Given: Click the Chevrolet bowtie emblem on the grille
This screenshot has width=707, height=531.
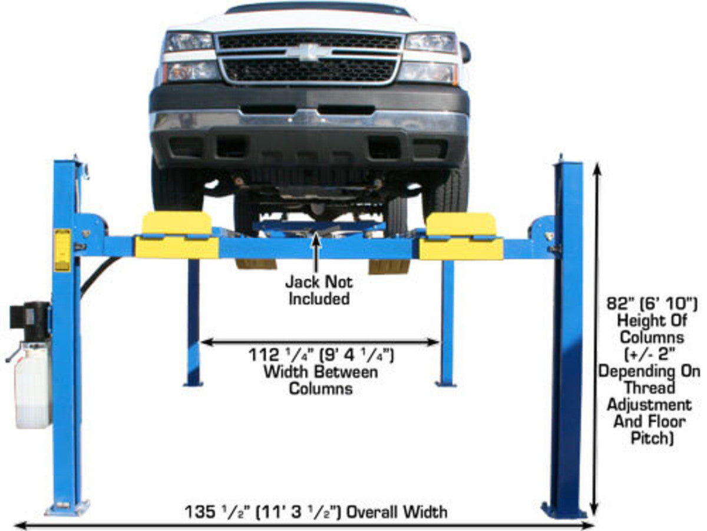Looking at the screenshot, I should pyautogui.click(x=309, y=51).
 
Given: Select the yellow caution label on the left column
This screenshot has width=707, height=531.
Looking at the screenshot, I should pyautogui.click(x=62, y=250).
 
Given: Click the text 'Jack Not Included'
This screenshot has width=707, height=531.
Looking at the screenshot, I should pyautogui.click(x=318, y=290).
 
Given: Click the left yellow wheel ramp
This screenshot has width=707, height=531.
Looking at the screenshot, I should pyautogui.click(x=177, y=236).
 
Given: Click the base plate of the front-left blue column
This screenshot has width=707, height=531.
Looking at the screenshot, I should pyautogui.click(x=68, y=507).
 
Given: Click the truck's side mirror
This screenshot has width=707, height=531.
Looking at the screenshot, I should pyautogui.click(x=465, y=53).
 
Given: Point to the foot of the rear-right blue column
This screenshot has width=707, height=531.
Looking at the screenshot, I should pyautogui.click(x=446, y=383).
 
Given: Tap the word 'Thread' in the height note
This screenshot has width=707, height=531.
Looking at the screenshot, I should pyautogui.click(x=649, y=388).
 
